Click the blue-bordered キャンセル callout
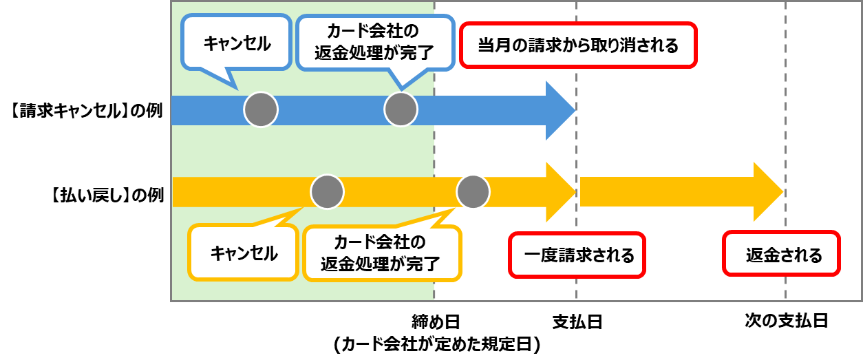(236, 43)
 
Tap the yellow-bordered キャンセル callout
(243, 253)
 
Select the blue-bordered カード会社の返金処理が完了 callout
(375, 43)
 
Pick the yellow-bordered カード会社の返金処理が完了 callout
(381, 253)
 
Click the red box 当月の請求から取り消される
(578, 45)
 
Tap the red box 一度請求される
(577, 255)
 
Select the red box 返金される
(782, 255)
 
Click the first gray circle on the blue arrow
(261, 109)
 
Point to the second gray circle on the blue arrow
(401, 109)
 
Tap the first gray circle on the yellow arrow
(327, 192)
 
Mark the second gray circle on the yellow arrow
(473, 192)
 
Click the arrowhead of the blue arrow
(559, 110)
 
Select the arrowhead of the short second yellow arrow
(767, 192)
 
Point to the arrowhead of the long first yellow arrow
(559, 192)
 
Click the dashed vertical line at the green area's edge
(434, 151)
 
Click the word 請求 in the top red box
(543, 45)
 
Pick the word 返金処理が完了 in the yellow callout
(381, 264)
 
